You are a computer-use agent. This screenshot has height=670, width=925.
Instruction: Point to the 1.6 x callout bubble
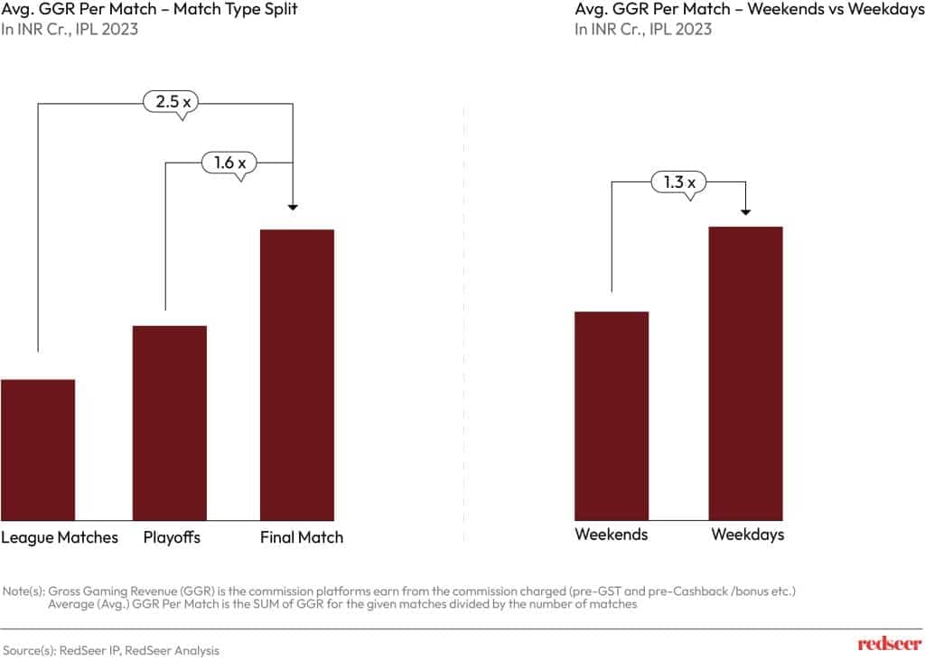229,163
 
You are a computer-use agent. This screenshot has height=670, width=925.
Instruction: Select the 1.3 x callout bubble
678,182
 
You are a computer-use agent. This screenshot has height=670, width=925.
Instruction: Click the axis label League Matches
60,537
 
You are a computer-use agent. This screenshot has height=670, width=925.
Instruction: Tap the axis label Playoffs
172,537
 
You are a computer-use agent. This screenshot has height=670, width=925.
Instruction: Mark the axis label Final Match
302,537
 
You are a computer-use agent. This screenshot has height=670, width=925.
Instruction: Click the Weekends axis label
612,535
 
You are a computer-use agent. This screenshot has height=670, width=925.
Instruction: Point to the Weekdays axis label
748,535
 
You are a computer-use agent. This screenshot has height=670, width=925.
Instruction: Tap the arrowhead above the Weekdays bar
746,212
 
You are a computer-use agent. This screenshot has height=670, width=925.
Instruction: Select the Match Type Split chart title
149,10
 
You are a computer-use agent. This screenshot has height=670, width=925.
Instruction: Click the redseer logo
889,644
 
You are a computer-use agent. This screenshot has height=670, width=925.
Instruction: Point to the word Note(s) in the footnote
24,591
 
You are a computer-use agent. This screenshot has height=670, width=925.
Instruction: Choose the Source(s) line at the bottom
111,650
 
